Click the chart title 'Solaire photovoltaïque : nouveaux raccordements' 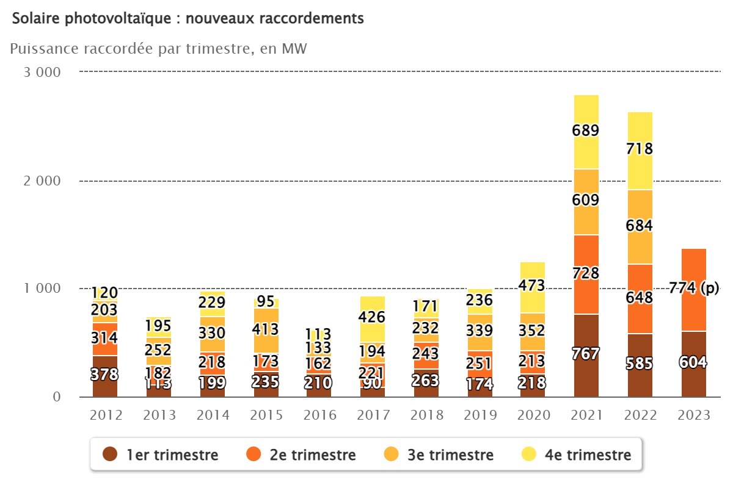(188, 19)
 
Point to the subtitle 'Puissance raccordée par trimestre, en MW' (158, 49)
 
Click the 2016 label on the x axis (319, 415)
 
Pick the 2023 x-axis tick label (693, 415)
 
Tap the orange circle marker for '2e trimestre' (253, 454)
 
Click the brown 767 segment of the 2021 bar (586, 354)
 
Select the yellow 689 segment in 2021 (586, 131)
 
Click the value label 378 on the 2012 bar (105, 375)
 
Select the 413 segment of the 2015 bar (266, 330)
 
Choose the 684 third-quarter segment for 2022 (640, 226)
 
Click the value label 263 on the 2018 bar (426, 381)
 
